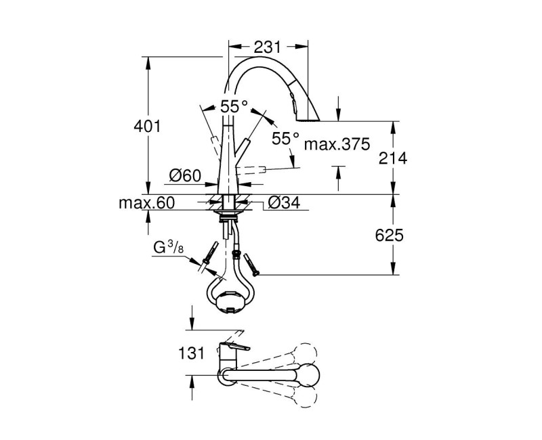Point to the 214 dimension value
point(393,158)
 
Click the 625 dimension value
point(390,236)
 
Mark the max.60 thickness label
point(146,202)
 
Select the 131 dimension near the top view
point(191,353)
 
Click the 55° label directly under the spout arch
point(234,106)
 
